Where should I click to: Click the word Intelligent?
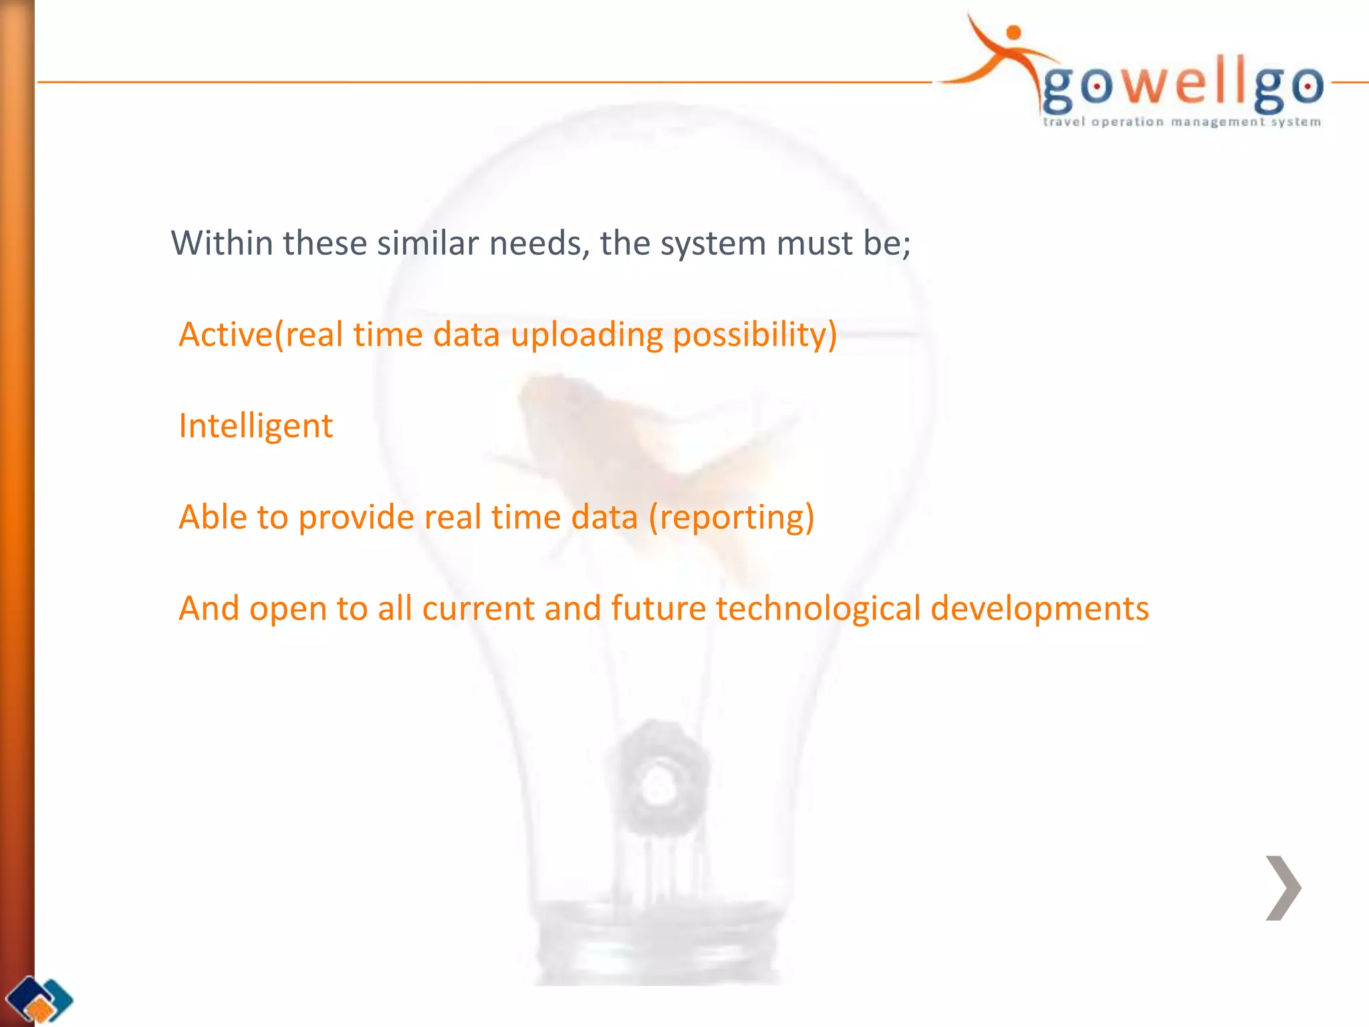255,426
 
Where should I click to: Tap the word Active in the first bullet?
225,334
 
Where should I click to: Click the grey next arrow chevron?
1283,887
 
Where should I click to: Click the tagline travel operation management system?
1181,122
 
